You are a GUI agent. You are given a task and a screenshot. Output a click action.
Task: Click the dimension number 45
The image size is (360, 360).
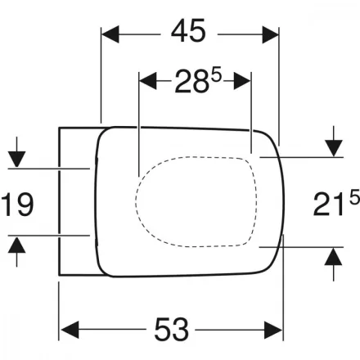click(x=188, y=31)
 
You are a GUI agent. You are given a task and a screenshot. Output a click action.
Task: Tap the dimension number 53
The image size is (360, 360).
click(x=172, y=329)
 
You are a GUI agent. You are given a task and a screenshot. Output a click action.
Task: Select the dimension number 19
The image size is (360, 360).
click(x=17, y=204)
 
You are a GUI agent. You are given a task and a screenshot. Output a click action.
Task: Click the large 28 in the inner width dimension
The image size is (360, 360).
click(x=191, y=81)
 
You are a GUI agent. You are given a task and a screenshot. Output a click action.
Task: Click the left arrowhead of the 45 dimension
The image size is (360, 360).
click(x=110, y=34)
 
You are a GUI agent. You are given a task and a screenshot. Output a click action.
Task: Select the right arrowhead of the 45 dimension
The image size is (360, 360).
click(x=271, y=34)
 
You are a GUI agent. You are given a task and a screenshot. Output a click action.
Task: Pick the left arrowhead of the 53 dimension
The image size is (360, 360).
click(x=70, y=330)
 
